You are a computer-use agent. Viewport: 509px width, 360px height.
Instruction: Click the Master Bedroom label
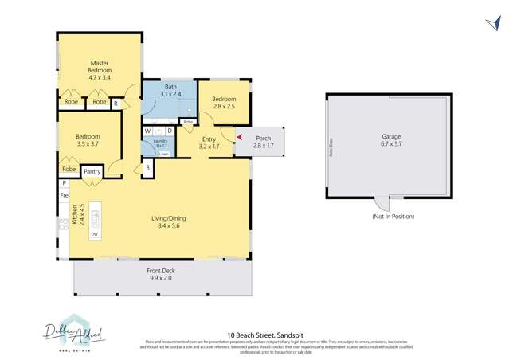point(100,71)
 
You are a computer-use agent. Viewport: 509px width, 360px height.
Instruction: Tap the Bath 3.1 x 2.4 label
point(170,91)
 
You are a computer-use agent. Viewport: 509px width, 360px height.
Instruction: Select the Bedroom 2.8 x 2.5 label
point(224,104)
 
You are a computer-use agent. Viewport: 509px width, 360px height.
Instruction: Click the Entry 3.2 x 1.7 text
point(208,143)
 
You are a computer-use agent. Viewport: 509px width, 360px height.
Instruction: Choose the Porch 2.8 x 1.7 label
point(263,142)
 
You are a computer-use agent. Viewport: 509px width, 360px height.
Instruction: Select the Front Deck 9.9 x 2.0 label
point(162,276)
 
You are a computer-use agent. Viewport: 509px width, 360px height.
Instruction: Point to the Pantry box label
point(92,170)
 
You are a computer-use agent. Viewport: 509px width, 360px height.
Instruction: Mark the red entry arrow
point(240,138)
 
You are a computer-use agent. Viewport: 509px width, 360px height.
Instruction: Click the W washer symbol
point(148,131)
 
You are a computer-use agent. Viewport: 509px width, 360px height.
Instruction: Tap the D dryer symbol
point(169,131)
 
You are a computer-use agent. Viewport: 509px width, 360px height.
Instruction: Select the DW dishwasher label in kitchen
point(94,234)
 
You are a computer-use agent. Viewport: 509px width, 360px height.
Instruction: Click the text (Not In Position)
point(393,217)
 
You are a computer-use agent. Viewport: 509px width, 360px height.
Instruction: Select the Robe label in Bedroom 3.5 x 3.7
point(69,170)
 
